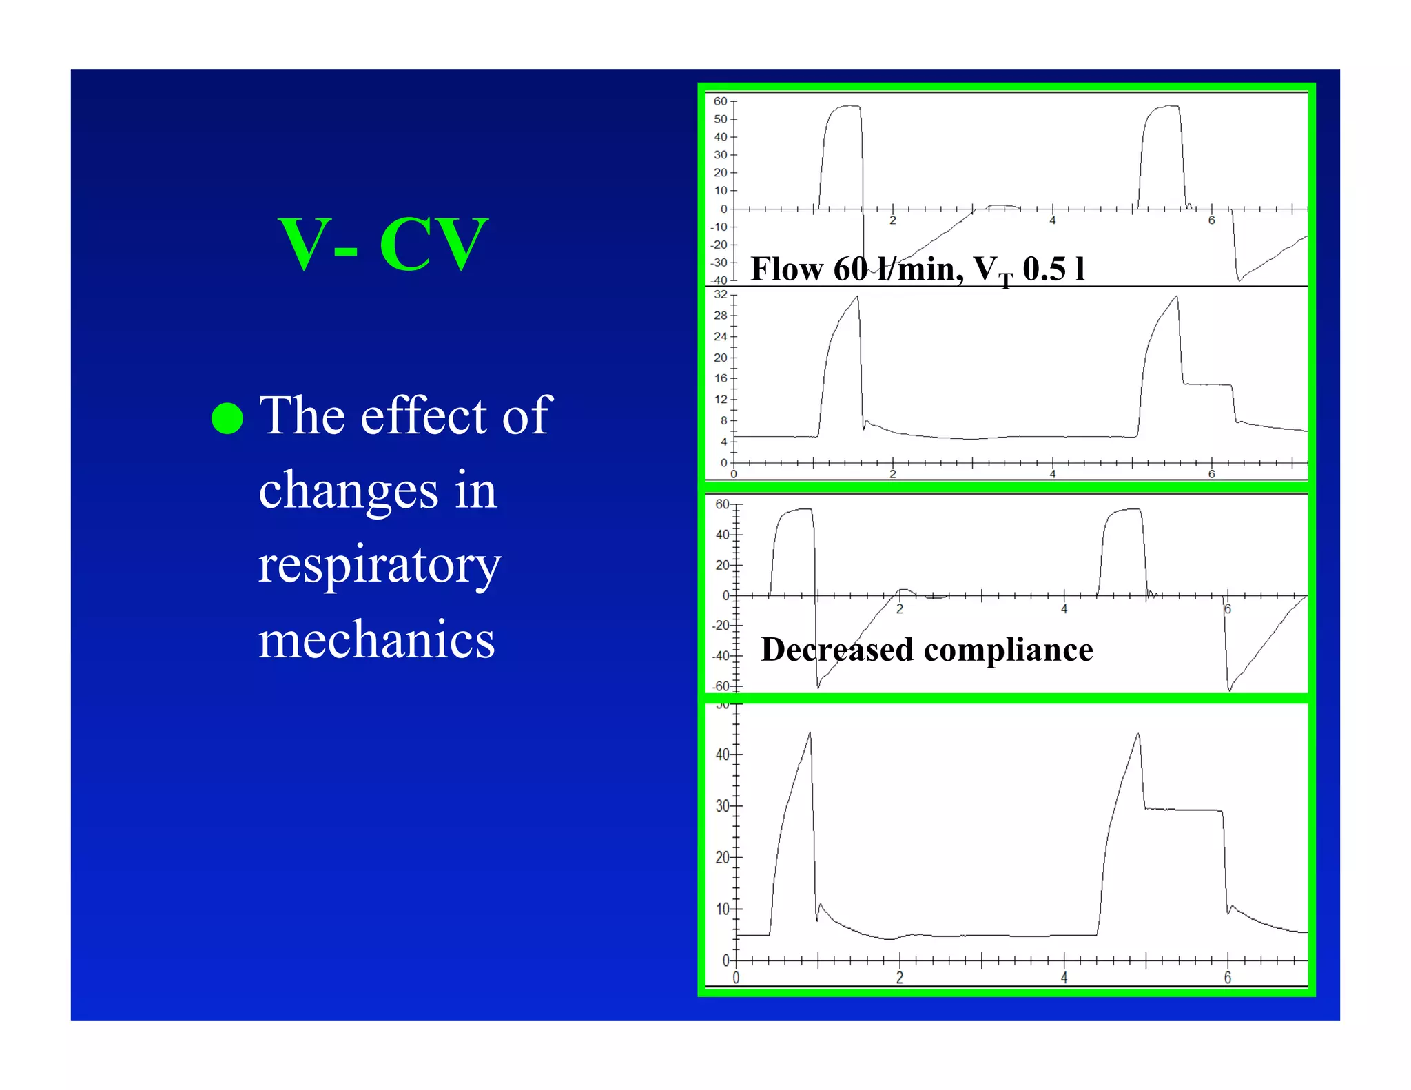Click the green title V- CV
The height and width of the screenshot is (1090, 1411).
point(383,244)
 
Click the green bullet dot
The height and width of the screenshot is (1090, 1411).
point(227,418)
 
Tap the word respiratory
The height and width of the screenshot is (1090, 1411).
point(380,565)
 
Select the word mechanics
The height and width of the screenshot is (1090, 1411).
point(376,639)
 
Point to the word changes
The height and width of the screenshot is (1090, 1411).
point(348,491)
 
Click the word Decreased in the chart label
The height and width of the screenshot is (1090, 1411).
point(836,650)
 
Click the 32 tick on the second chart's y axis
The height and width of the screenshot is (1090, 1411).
point(720,295)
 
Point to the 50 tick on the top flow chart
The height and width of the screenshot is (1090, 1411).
point(720,119)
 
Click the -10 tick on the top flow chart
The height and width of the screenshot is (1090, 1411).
point(719,227)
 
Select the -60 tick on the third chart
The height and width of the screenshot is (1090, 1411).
point(721,686)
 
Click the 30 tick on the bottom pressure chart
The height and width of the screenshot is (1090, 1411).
point(722,805)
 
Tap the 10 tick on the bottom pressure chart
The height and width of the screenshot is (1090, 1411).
point(722,909)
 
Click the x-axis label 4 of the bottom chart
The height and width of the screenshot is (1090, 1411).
point(1064,977)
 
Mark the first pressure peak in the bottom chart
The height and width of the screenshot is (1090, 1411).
point(810,734)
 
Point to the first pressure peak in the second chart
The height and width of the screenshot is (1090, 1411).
point(857,298)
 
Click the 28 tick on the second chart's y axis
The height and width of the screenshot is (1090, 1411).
point(720,316)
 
